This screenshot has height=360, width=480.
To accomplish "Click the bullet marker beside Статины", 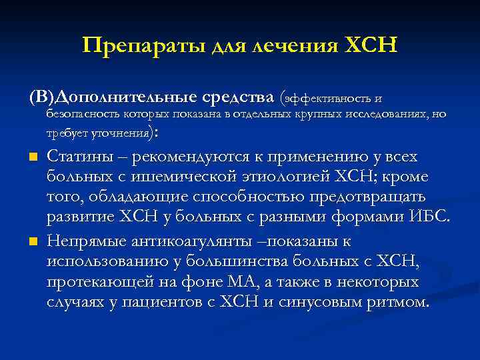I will coord(32,158).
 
